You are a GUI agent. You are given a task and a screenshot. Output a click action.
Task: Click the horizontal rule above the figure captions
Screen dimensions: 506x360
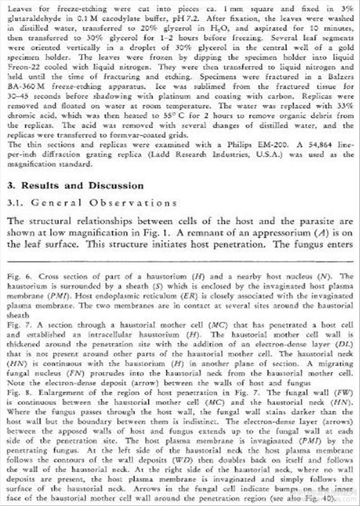click(179, 260)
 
